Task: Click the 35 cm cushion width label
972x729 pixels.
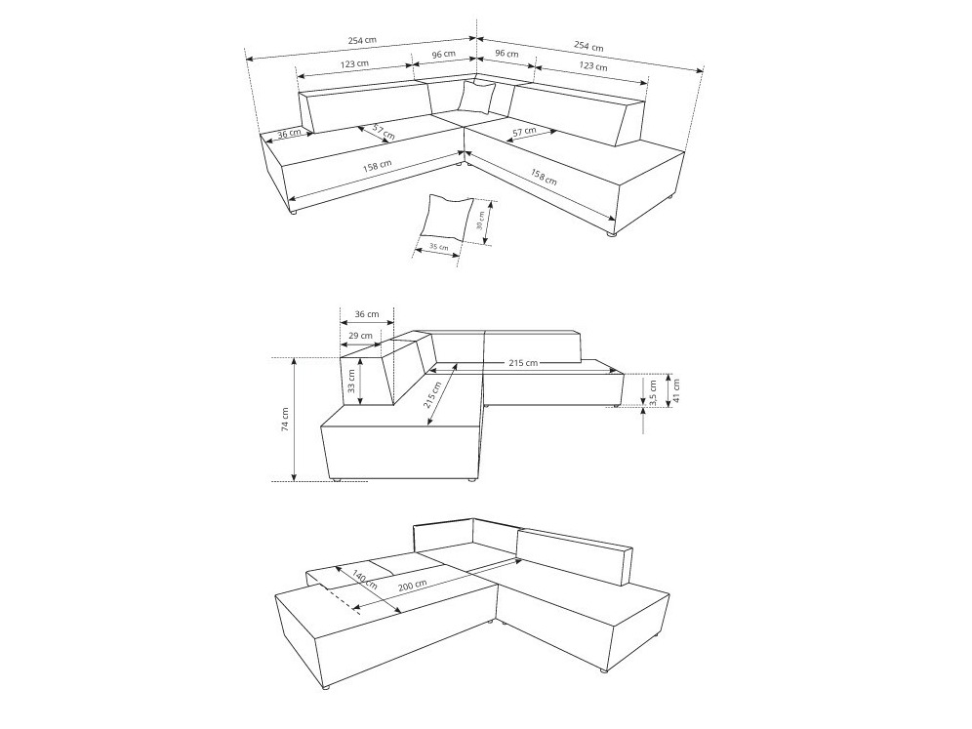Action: point(439,247)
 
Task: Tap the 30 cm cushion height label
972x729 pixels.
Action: point(480,222)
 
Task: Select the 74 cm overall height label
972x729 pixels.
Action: point(285,419)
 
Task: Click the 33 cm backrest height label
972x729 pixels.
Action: point(351,382)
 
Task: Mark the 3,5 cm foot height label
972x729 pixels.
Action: point(652,393)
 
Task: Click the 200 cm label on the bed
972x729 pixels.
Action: point(412,585)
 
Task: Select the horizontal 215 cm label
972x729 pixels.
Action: point(523,363)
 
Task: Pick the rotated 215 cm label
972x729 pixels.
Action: point(432,395)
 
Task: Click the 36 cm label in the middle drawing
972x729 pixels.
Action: point(367,313)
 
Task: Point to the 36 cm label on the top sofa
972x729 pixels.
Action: point(288,134)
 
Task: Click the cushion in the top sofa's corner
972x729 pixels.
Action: point(476,96)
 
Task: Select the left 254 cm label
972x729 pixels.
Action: point(362,40)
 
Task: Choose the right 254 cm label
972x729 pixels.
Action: point(588,45)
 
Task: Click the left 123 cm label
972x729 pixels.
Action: point(354,63)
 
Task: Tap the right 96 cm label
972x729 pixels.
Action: point(507,54)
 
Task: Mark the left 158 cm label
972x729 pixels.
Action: point(377,167)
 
